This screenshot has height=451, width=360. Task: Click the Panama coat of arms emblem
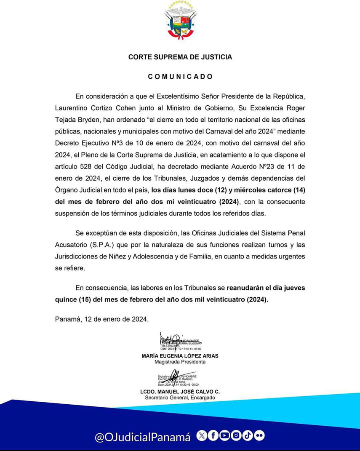pos(180,21)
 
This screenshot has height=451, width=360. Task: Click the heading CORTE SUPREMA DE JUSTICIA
pos(180,57)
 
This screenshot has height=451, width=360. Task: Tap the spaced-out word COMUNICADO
pos(180,77)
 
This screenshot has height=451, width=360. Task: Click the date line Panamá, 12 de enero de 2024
pos(101,319)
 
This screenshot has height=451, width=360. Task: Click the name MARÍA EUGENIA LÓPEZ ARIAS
pos(180,356)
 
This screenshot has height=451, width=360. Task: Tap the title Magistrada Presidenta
pos(180,362)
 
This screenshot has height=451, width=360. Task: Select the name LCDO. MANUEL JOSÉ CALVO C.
pos(180,392)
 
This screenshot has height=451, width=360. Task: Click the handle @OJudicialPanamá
pos(143,437)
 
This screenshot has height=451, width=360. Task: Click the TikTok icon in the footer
pos(248,436)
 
